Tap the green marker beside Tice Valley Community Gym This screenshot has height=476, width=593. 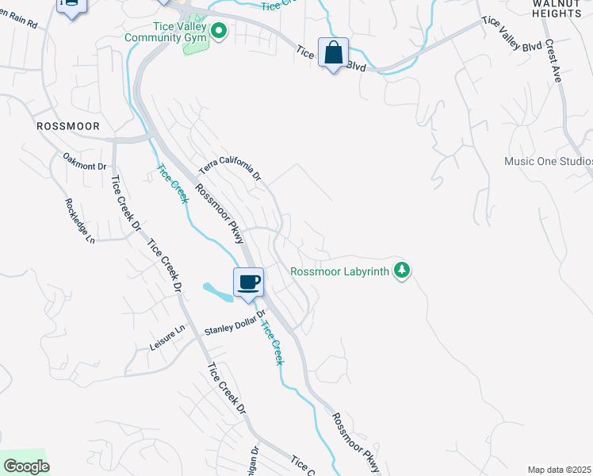coord(220,33)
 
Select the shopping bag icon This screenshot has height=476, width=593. coord(334,54)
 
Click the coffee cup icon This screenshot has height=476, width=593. coord(248,282)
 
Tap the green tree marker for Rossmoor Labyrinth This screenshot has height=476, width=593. coord(403,271)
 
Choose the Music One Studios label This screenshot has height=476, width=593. coord(549,162)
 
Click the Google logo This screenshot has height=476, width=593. coord(26,466)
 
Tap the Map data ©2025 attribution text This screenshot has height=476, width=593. coord(559,470)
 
